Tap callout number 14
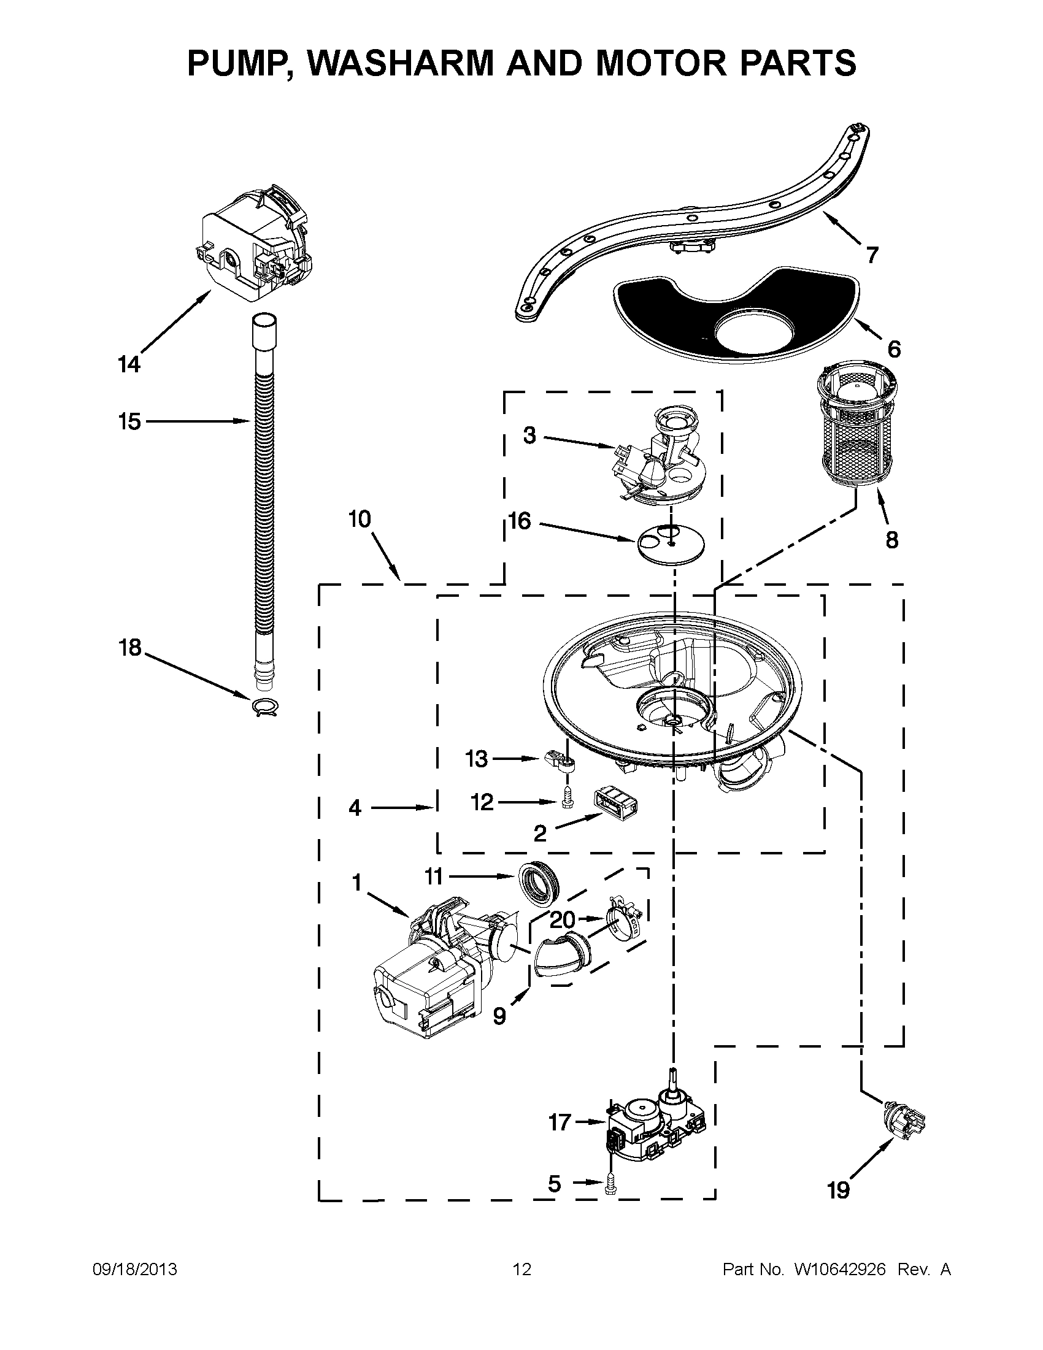click(x=129, y=364)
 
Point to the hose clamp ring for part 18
click(x=264, y=705)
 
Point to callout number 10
click(x=359, y=519)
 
